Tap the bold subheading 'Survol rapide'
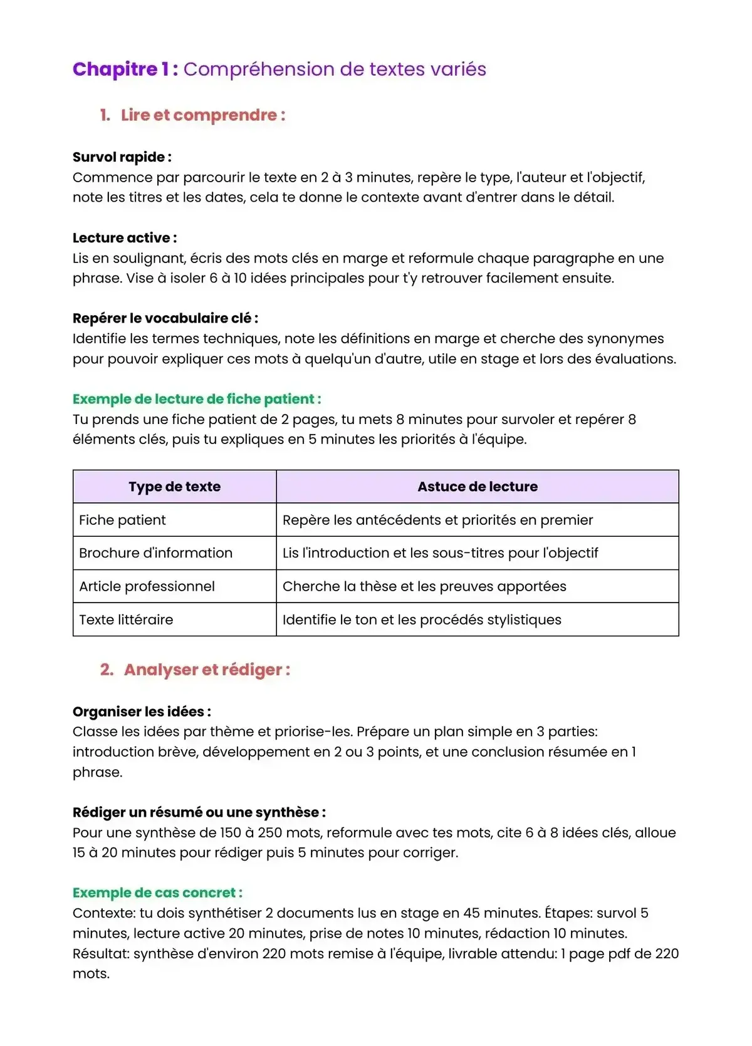tap(122, 157)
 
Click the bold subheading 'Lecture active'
tap(124, 238)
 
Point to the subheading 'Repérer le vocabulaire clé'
tap(165, 318)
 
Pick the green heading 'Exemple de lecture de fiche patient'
tap(196, 399)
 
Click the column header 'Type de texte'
tap(174, 487)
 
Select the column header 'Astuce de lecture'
tap(477, 487)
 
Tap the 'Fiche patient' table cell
tap(122, 520)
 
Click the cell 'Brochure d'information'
tap(155, 553)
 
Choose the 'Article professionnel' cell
tap(147, 586)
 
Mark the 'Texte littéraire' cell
tap(126, 619)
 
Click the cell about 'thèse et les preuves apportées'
tap(424, 586)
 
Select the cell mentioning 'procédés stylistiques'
tap(422, 619)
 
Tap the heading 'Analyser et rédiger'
tap(207, 670)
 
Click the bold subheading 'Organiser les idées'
tap(141, 712)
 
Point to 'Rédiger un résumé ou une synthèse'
tap(199, 812)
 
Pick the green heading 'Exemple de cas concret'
tap(157, 893)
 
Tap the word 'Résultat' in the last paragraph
tap(100, 953)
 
